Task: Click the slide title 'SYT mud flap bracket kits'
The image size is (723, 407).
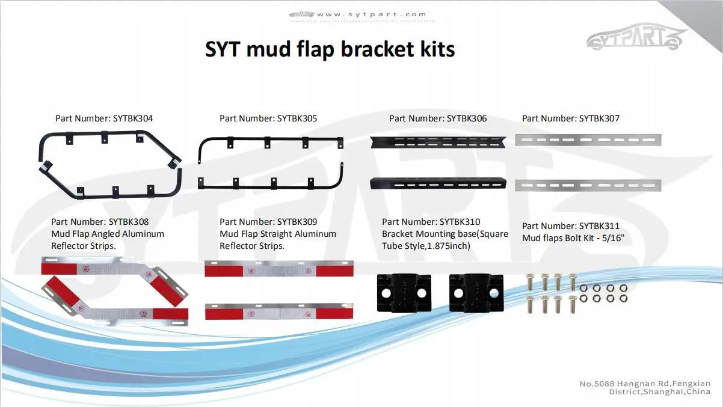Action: point(330,49)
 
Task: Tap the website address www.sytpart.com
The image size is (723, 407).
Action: point(371,14)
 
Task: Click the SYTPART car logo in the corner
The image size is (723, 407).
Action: point(636,40)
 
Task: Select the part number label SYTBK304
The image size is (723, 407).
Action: point(104,118)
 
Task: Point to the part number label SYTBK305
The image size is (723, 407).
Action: point(268,118)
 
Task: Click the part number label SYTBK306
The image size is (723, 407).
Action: point(438,118)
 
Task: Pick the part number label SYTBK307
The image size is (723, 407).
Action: point(570,118)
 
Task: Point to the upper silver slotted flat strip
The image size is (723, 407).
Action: point(588,140)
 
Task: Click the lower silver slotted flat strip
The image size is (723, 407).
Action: point(588,186)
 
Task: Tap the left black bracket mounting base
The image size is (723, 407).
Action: point(404,293)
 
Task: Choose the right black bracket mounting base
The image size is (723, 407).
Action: point(476,293)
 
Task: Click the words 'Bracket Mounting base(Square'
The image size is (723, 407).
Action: point(445,234)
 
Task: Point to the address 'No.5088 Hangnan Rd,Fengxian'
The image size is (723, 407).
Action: point(645,383)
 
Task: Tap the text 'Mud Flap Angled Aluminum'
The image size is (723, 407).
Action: point(108,234)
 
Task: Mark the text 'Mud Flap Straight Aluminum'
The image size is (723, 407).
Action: point(278,234)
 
